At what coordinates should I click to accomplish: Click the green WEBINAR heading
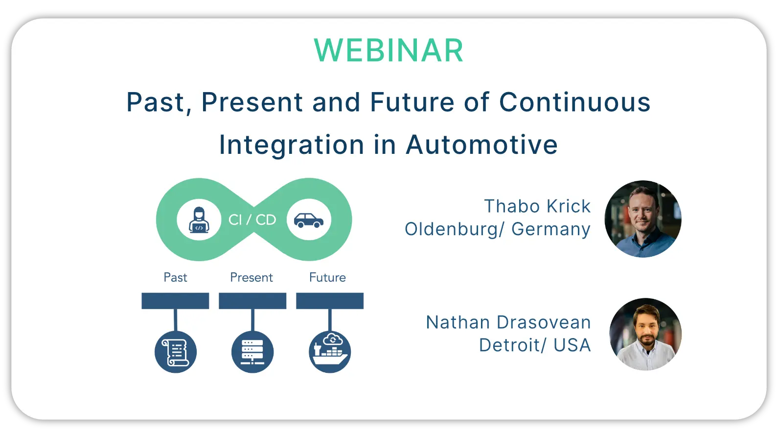click(389, 50)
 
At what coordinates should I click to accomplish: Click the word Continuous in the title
click(574, 102)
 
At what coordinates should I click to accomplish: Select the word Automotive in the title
click(482, 145)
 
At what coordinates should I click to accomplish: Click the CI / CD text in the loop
click(252, 220)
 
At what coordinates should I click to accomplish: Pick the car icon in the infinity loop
click(309, 220)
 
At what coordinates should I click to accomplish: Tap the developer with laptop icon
click(199, 220)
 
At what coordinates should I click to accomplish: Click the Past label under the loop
click(175, 277)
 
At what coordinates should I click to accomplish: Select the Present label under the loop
click(252, 277)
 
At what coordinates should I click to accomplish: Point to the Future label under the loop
click(327, 277)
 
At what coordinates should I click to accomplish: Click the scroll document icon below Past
click(176, 352)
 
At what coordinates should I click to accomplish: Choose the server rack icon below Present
click(252, 352)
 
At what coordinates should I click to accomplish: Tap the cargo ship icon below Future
click(330, 352)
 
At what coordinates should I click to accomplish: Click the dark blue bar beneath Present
click(252, 301)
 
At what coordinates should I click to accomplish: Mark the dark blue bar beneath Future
click(330, 301)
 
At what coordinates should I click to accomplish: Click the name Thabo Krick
click(537, 206)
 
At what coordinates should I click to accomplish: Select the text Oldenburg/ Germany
click(498, 230)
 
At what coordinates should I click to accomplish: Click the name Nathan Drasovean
click(508, 322)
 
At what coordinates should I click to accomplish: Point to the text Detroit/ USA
click(535, 345)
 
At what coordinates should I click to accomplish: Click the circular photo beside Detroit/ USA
click(645, 334)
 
